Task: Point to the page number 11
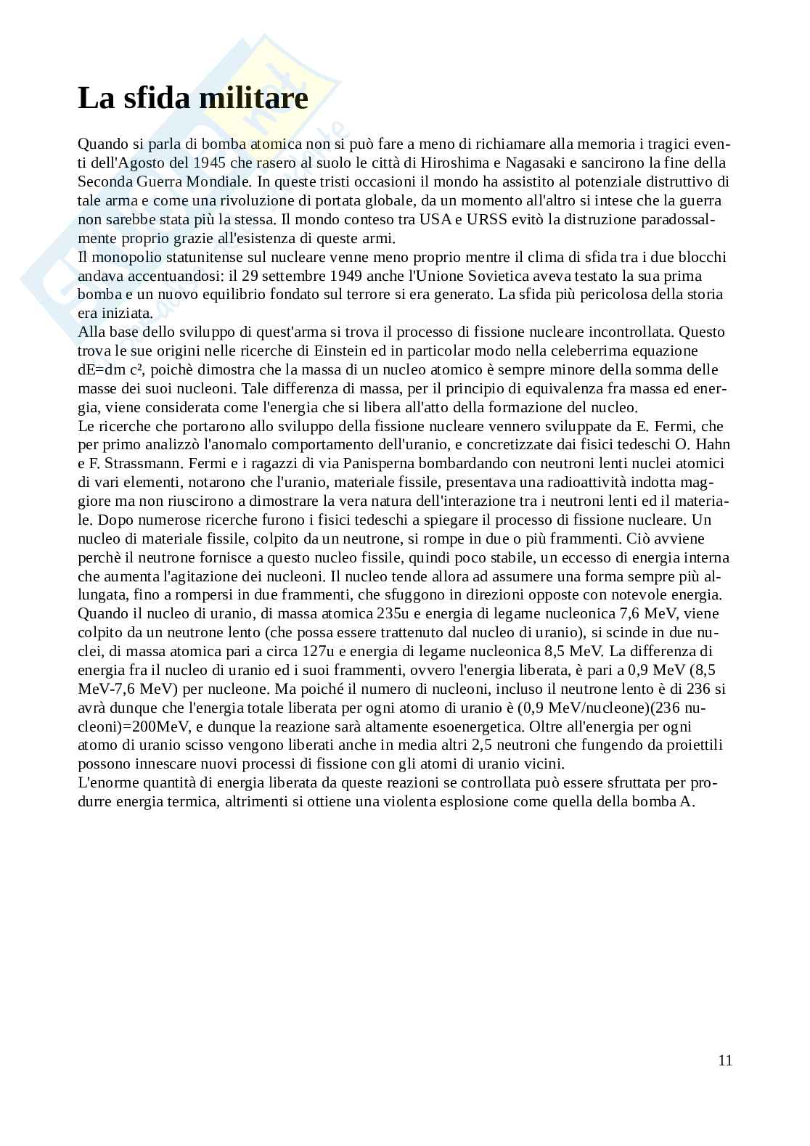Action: pyautogui.click(x=725, y=1060)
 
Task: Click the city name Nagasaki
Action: pyautogui.click(x=536, y=163)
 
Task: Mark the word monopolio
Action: pyautogui.click(x=128, y=257)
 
